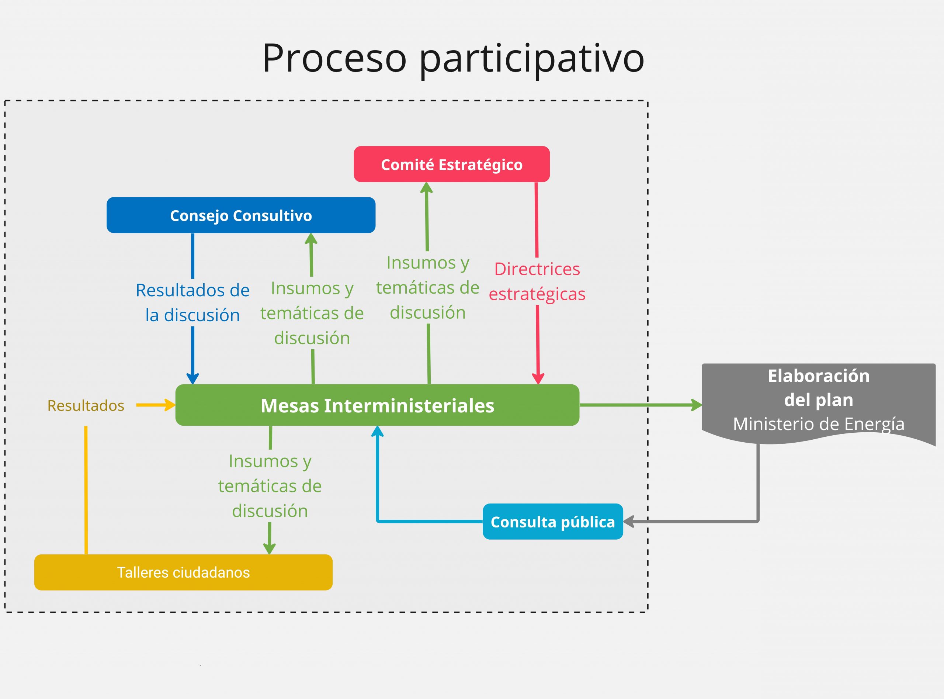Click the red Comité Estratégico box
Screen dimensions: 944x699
click(452, 164)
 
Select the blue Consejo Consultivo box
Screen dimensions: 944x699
click(241, 215)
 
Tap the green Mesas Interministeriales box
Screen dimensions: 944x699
click(377, 405)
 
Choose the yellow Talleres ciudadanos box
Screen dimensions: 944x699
click(183, 572)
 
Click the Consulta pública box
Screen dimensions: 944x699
click(553, 521)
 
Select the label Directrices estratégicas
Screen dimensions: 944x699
click(537, 281)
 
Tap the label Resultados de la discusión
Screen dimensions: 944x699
click(193, 302)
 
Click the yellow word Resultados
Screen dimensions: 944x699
click(86, 405)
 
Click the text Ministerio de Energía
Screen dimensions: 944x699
click(819, 424)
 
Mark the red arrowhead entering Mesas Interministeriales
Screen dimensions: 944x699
click(538, 379)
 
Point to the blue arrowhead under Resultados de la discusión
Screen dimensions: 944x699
click(193, 379)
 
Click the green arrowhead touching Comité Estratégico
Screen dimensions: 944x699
click(426, 188)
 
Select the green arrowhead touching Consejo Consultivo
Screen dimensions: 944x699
click(311, 239)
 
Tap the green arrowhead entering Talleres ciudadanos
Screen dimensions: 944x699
click(270, 549)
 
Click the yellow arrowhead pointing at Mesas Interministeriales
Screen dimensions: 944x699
click(170, 405)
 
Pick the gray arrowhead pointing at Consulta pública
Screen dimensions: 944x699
click(629, 521)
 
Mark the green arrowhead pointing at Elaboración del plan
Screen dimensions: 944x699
click(697, 405)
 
